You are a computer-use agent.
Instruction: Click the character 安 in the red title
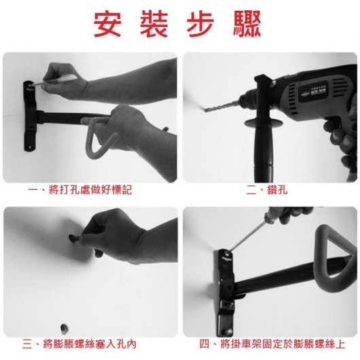(107, 24)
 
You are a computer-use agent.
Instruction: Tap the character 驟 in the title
(247, 24)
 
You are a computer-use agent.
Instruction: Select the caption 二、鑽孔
(266, 190)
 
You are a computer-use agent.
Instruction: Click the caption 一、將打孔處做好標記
(80, 190)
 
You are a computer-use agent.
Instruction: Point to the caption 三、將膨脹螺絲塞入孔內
(79, 344)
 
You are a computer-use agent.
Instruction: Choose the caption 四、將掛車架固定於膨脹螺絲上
(272, 344)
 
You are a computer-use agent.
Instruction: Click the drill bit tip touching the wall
(205, 111)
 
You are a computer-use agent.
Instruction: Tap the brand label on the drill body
(314, 92)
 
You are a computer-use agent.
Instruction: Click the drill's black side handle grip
(264, 147)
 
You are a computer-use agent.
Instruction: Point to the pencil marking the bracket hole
(53, 80)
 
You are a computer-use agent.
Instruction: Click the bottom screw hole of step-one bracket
(30, 147)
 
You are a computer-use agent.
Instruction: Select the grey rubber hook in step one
(100, 137)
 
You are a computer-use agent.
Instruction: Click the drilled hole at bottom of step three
(64, 328)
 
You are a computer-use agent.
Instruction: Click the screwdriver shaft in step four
(247, 234)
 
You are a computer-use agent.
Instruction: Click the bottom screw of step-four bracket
(228, 331)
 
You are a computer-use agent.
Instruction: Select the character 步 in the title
(200, 24)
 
